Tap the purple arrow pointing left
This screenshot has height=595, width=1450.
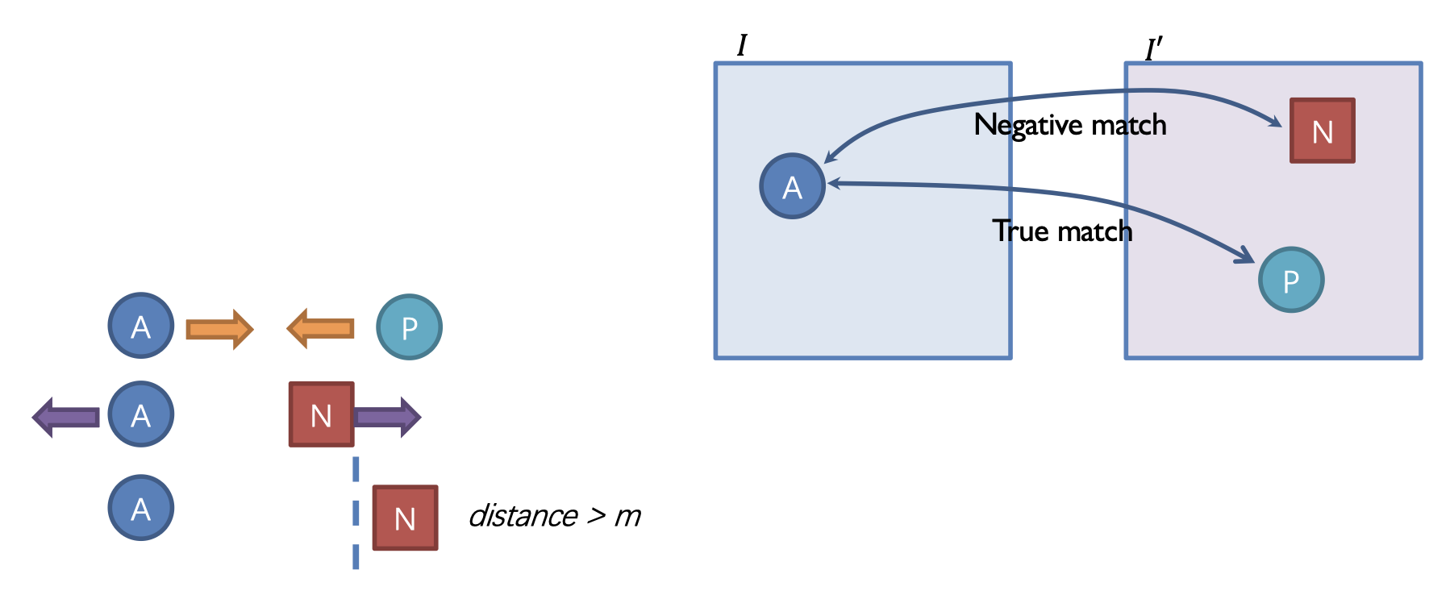(66, 417)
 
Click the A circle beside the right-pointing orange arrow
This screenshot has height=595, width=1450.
(141, 326)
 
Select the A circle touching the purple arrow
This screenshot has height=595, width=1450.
(141, 414)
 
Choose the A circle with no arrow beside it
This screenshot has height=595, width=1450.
(141, 508)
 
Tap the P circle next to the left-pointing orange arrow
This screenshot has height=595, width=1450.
(410, 327)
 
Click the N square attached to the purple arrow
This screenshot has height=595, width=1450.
(322, 414)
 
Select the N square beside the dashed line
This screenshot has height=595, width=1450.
(405, 518)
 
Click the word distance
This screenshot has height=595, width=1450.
(523, 516)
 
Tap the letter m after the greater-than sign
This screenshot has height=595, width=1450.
(627, 517)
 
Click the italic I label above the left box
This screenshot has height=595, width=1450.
(742, 45)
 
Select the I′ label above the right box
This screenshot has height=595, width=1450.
(1153, 50)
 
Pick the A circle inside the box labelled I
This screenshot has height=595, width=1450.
(793, 186)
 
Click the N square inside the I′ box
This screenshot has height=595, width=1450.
(1323, 131)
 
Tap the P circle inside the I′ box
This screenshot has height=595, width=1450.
(1291, 280)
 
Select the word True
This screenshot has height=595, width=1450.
(1020, 231)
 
